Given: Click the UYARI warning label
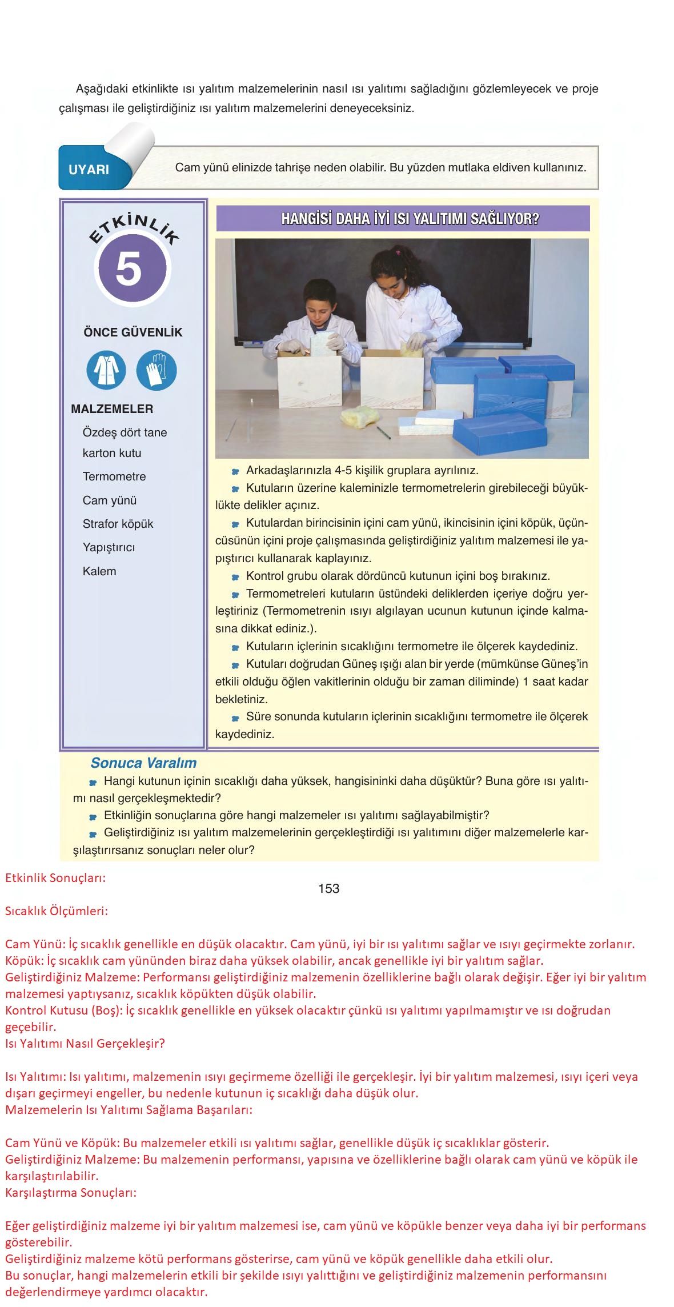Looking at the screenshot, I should [x=89, y=170].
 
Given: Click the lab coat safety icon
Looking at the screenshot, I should [x=106, y=371].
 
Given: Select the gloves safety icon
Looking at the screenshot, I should [x=156, y=371].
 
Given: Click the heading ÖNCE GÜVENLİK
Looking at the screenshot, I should [x=133, y=332].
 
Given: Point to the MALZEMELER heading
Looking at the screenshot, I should [x=112, y=409].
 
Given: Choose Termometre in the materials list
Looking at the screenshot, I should [x=114, y=476].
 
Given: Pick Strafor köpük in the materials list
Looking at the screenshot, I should [x=118, y=524].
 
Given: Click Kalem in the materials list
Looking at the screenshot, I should [x=99, y=571].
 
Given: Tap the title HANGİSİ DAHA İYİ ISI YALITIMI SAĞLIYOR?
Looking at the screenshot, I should [x=403, y=219].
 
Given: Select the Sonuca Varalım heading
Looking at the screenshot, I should [x=143, y=763].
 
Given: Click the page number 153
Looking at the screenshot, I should [x=329, y=889].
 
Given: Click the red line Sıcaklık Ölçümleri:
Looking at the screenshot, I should [x=57, y=912].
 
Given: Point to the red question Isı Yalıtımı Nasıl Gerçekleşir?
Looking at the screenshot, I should [x=85, y=1044].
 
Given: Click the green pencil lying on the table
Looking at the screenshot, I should [x=384, y=432].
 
